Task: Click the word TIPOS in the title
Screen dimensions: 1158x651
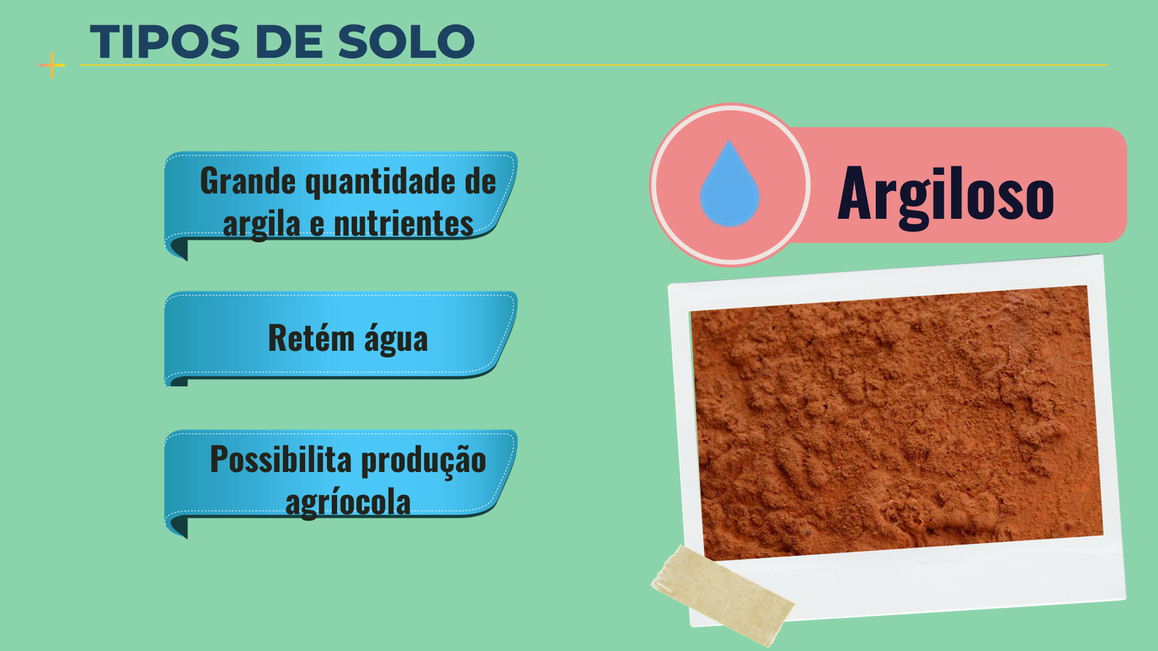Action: click(x=165, y=42)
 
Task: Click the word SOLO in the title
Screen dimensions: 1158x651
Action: click(x=407, y=42)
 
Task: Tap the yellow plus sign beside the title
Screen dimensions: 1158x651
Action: click(x=52, y=65)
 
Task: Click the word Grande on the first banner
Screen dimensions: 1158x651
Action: click(x=248, y=181)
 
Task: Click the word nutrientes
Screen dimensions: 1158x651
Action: click(x=403, y=223)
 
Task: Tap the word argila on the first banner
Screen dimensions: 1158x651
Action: click(x=262, y=224)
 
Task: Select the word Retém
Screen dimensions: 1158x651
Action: click(x=311, y=338)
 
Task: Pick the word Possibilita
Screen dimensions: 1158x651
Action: click(x=280, y=459)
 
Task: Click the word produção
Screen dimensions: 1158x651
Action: click(x=423, y=461)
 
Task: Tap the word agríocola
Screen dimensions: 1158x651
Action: click(x=348, y=503)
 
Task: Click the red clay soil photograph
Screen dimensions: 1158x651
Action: click(x=897, y=422)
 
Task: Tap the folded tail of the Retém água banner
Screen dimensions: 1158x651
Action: click(x=177, y=380)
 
